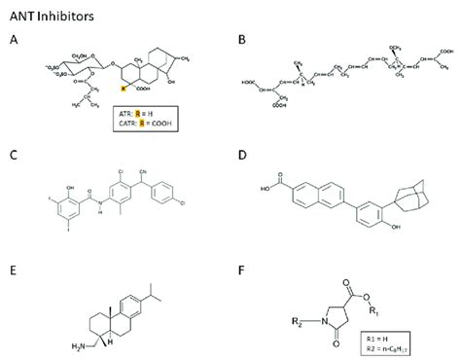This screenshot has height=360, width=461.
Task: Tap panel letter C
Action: pyautogui.click(x=12, y=153)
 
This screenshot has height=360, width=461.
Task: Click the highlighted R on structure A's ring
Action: pyautogui.click(x=124, y=88)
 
